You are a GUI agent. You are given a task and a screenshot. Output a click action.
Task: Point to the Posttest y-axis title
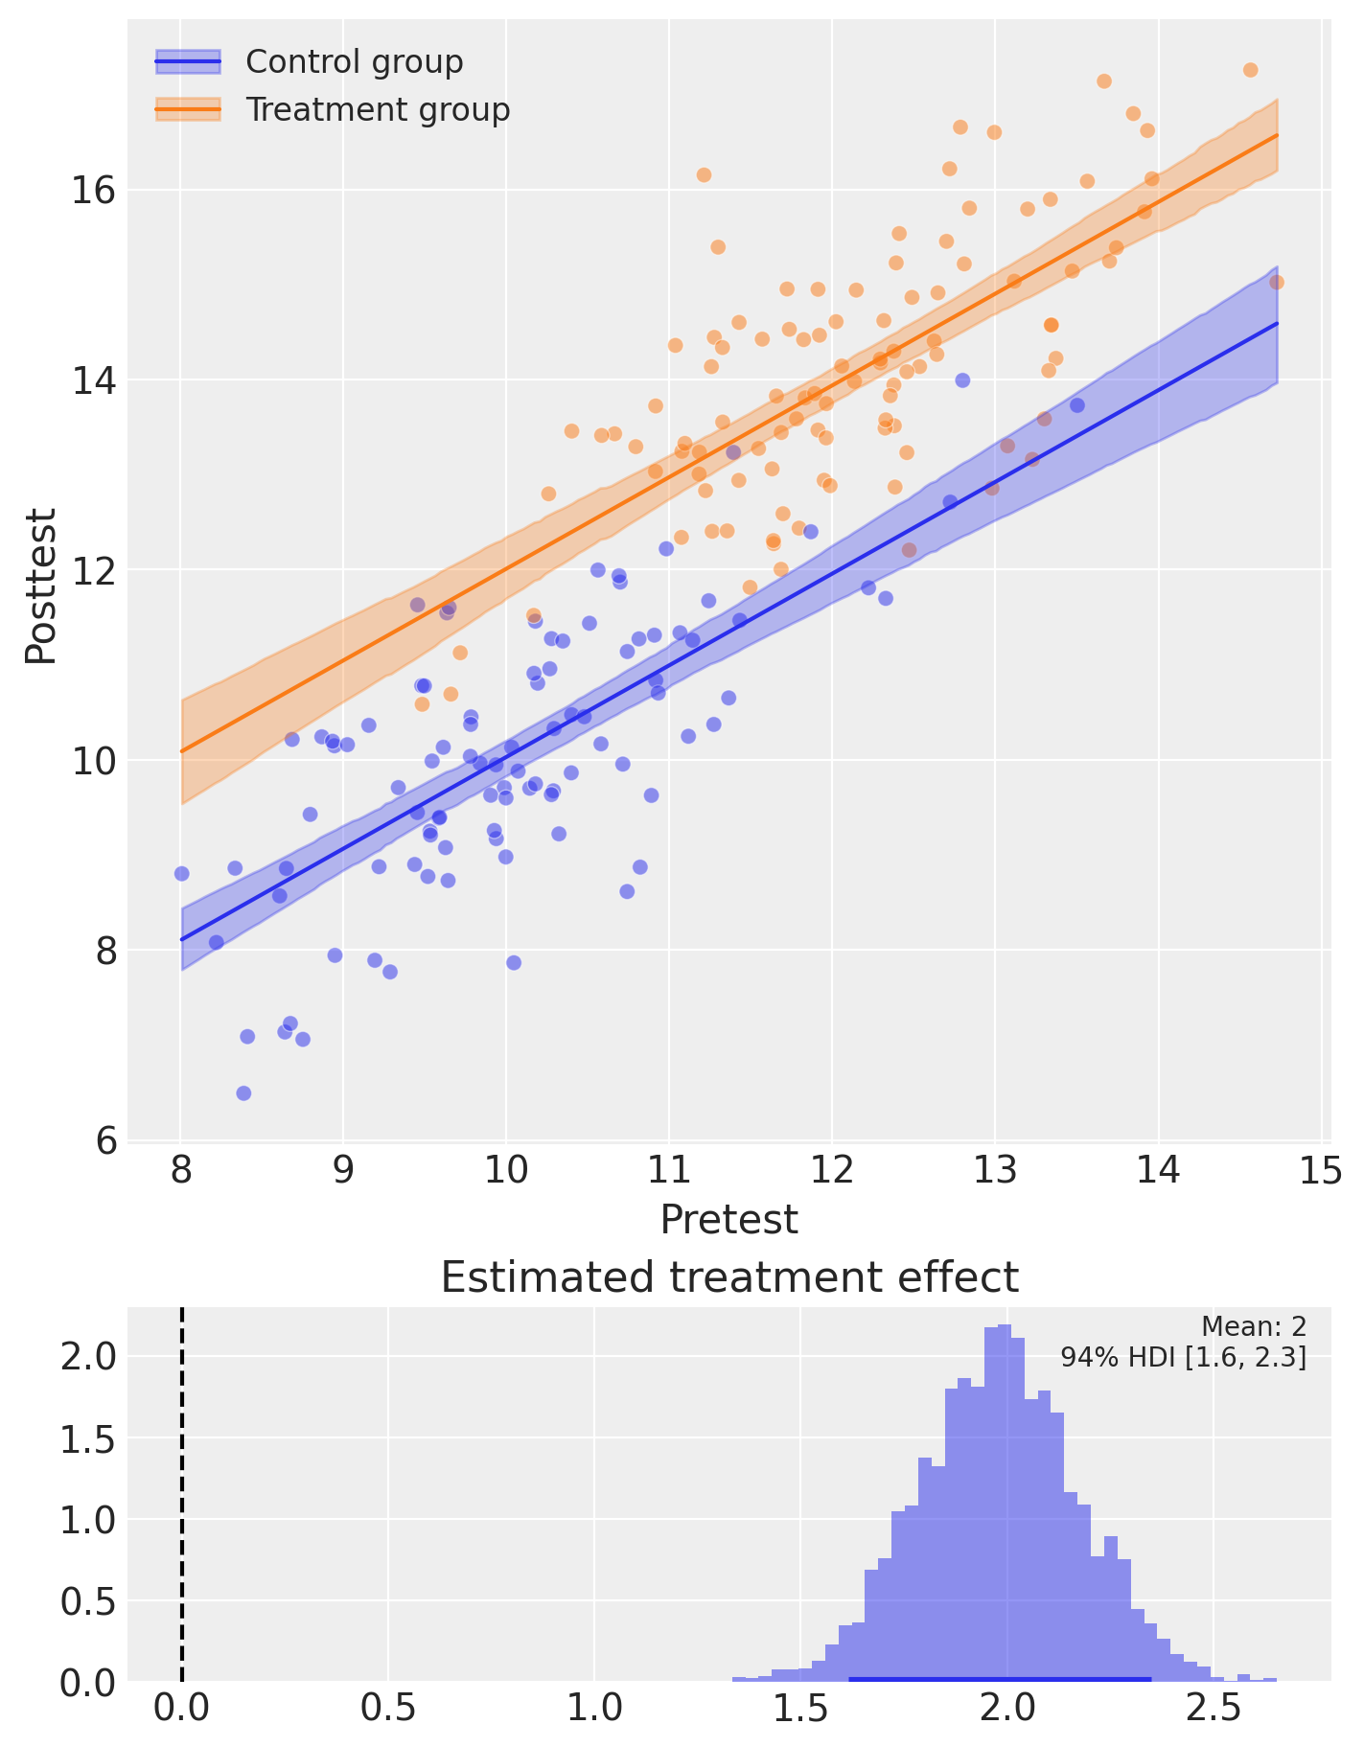pos(41,586)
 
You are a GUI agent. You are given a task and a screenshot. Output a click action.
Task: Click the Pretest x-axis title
pos(728,1220)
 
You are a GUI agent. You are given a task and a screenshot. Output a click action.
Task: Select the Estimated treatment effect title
pos(728,1277)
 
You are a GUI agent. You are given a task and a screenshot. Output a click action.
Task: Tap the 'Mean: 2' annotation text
pos(1254,1326)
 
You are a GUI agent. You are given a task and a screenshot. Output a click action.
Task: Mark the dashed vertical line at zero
pos(181,1493)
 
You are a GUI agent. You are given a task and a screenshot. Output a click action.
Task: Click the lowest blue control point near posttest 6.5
pos(243,1093)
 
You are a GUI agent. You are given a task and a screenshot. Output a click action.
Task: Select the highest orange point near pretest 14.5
pos(1250,70)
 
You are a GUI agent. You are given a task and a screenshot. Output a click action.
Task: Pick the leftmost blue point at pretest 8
pos(181,874)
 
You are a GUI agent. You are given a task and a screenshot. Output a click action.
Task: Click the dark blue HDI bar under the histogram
pos(1000,1678)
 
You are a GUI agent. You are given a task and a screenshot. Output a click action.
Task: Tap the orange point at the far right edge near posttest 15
pos(1277,282)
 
